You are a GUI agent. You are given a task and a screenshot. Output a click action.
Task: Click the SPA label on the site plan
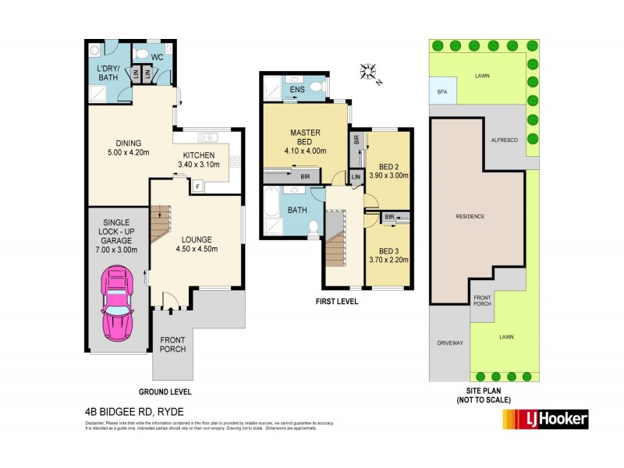pos(442,92)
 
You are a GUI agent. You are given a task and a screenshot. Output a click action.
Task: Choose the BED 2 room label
pos(388,172)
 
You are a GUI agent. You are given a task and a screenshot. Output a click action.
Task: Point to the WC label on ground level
pos(156,56)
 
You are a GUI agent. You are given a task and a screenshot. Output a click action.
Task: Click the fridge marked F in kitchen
pos(197,186)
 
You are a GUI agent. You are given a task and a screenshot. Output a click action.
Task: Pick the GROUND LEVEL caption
pos(165,392)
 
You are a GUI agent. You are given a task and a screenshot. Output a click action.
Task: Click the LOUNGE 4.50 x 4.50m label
pos(195,244)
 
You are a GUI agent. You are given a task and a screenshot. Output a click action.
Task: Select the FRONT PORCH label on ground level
pos(173,344)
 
